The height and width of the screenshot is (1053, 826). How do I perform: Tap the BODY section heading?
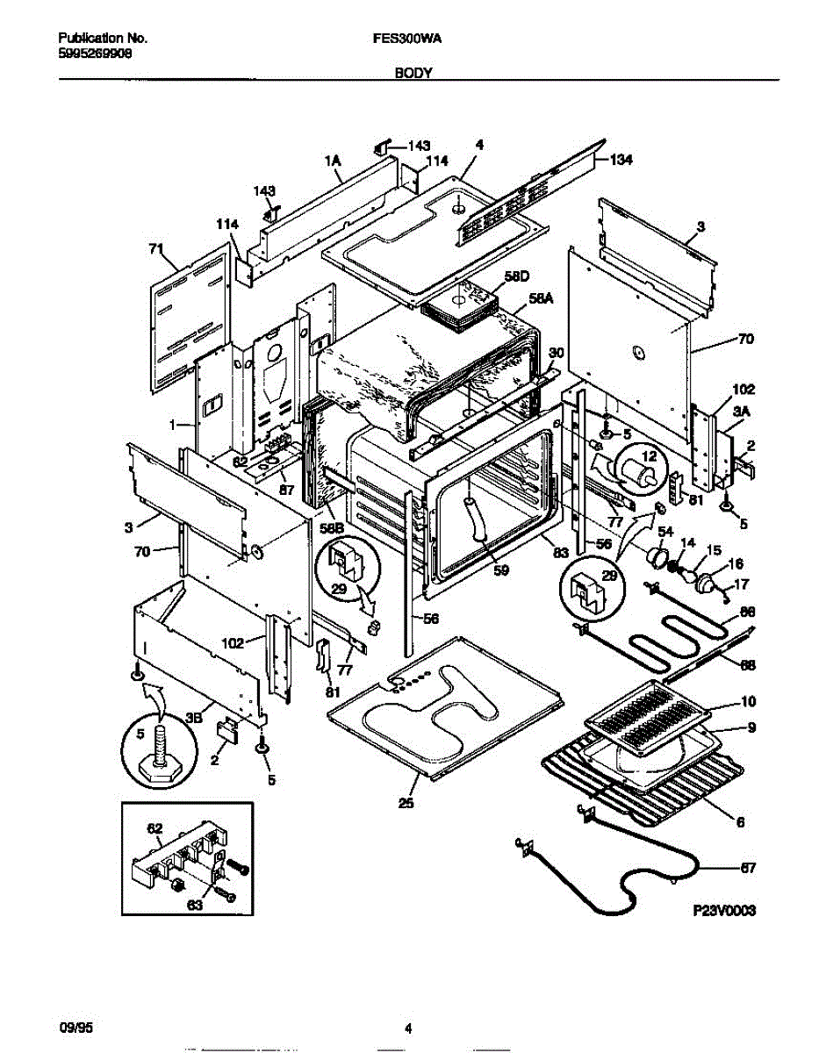tap(412, 75)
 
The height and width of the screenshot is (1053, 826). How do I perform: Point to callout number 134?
tap(621, 160)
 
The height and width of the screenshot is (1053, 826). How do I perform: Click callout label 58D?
tap(518, 277)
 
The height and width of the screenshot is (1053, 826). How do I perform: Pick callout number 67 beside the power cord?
tap(747, 869)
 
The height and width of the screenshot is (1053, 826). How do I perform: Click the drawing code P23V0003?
tap(722, 911)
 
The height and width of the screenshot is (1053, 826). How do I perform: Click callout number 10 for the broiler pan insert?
tap(748, 702)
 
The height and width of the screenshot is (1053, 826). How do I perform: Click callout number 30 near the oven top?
tap(555, 353)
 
